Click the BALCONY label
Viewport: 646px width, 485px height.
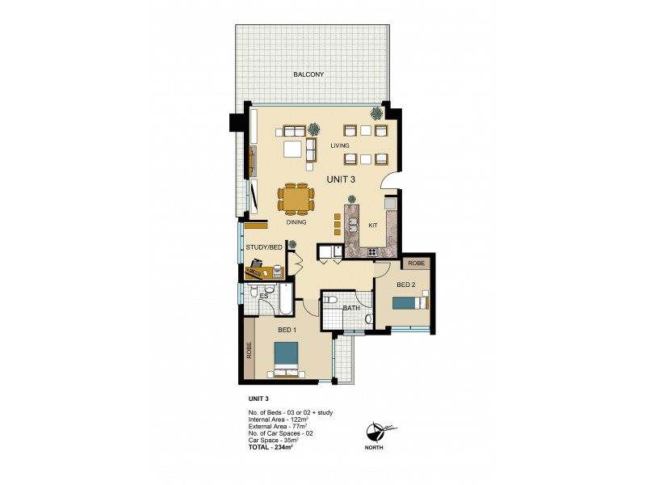pos(309,75)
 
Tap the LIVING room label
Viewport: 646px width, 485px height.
pos(340,145)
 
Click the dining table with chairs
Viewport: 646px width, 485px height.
pos(296,197)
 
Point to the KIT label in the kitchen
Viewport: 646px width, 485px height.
pos(373,226)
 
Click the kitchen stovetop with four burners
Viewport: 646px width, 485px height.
pos(373,252)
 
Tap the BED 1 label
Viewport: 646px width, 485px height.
pos(287,331)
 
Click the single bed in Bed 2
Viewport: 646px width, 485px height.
pos(409,302)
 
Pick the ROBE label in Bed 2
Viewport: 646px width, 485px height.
pos(416,264)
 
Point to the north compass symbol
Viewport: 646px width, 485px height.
pos(376,431)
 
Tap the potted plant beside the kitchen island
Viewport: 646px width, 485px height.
pos(351,199)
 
